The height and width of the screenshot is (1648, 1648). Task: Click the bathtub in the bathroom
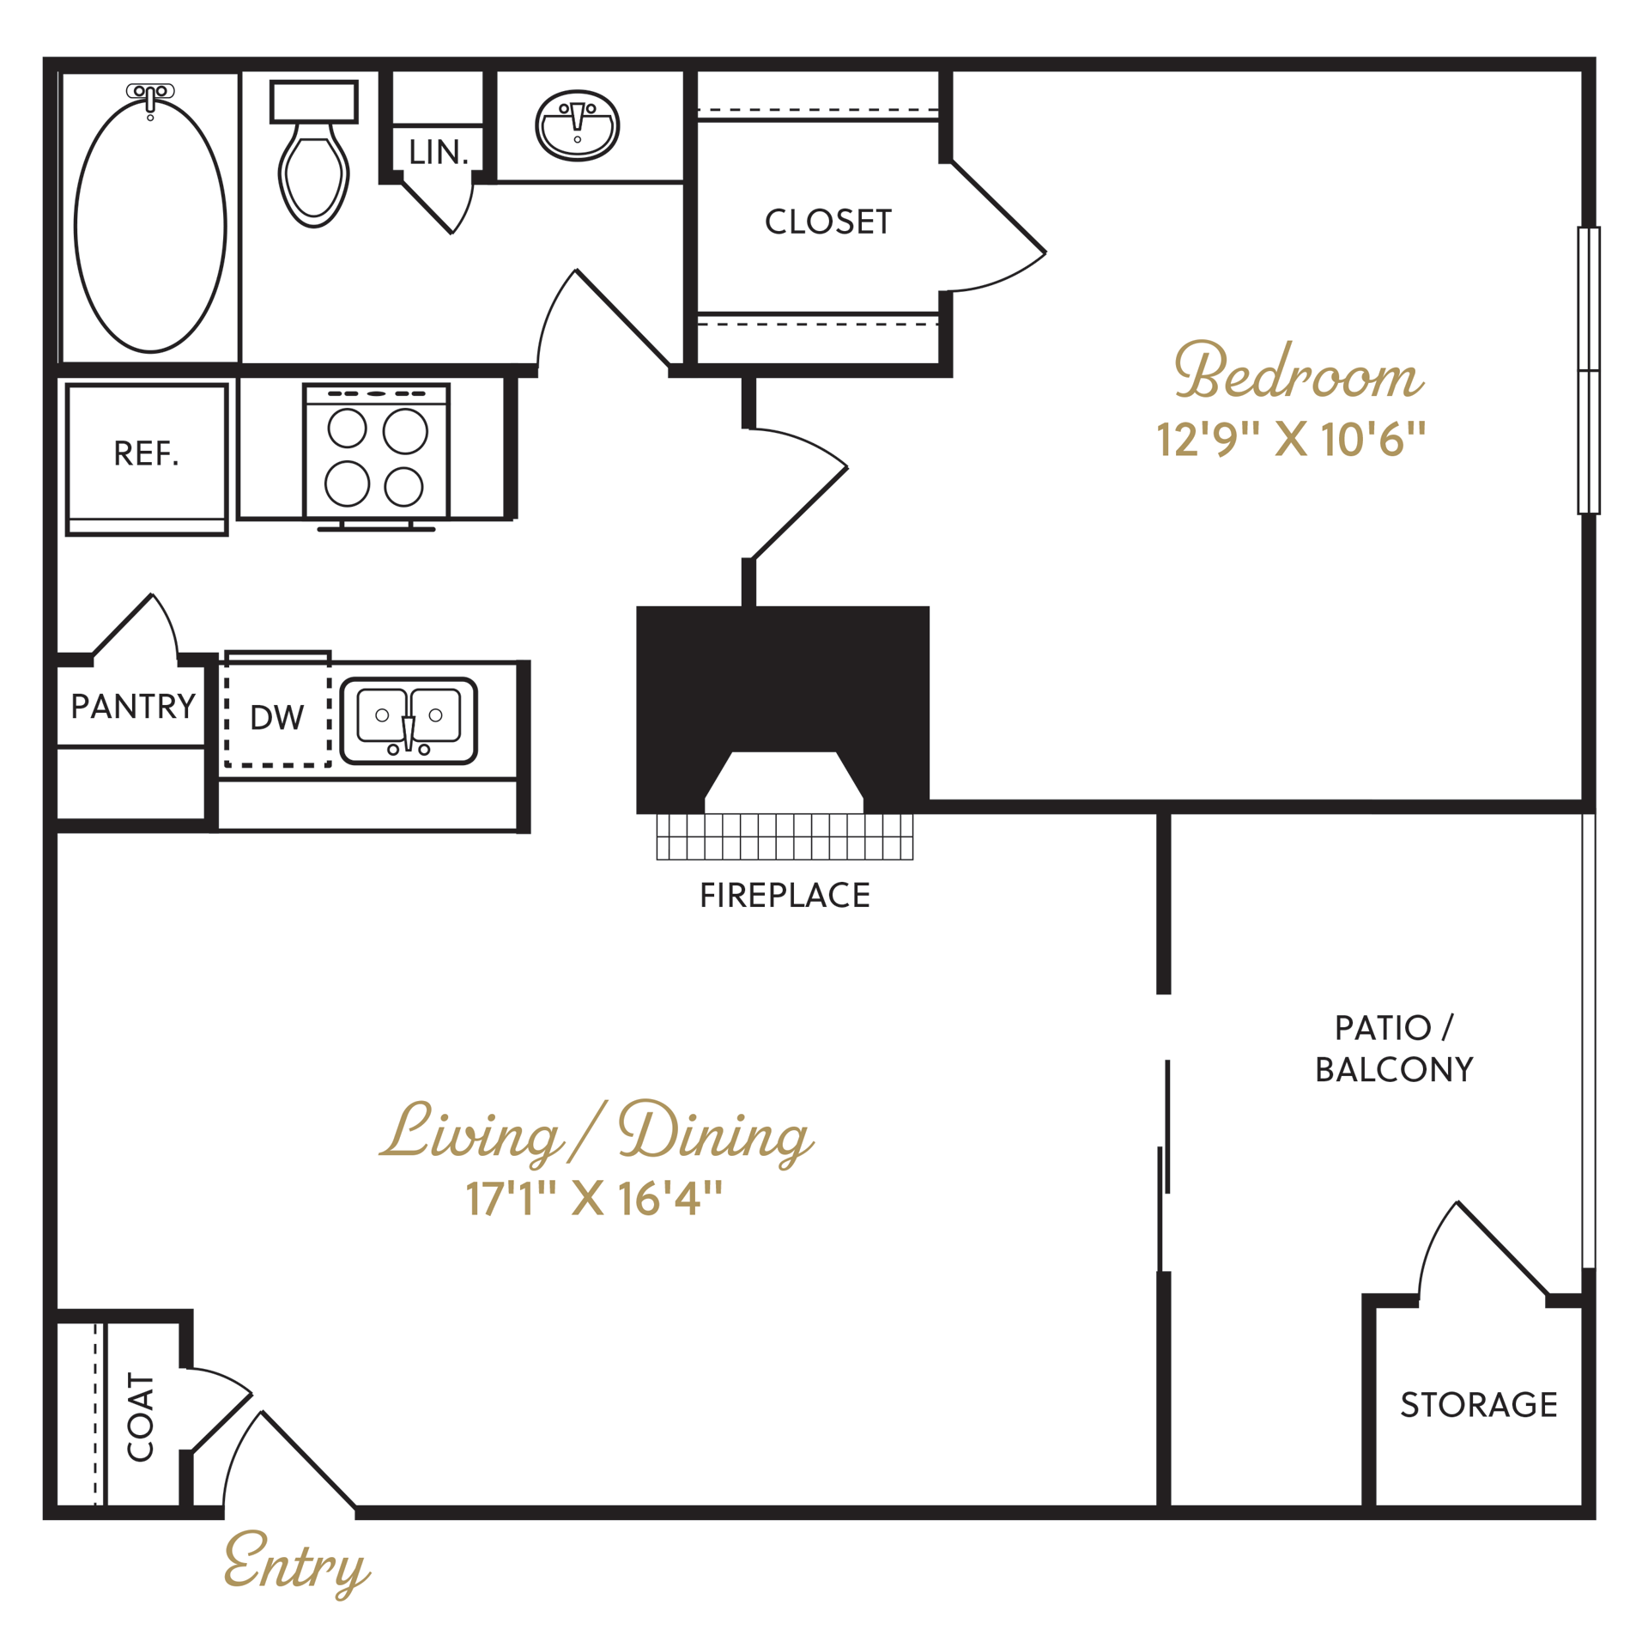[x=150, y=226]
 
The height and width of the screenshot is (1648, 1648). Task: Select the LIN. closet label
[x=439, y=153]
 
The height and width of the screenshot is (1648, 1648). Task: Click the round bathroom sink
[x=577, y=125]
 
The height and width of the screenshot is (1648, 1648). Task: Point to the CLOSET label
[x=828, y=222]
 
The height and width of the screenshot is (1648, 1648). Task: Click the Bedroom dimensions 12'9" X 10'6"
[x=1291, y=440]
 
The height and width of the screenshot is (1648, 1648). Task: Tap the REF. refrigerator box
[x=147, y=455]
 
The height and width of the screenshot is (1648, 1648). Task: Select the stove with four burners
[x=376, y=455]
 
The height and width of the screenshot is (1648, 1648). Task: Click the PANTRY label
[x=133, y=707]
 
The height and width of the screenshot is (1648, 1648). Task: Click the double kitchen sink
[x=409, y=720]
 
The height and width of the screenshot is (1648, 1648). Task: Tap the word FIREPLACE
[x=785, y=896]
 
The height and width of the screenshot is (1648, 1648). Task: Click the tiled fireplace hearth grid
[x=785, y=836]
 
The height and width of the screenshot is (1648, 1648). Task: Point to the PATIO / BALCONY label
[x=1394, y=1049]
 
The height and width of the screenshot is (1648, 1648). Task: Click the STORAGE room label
[x=1478, y=1405]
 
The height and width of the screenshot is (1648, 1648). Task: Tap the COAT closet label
[x=141, y=1416]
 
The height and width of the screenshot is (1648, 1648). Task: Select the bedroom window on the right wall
[x=1588, y=371]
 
